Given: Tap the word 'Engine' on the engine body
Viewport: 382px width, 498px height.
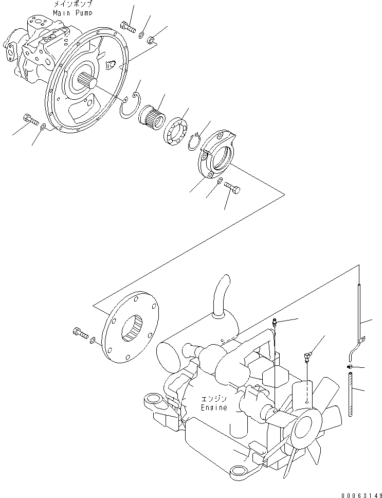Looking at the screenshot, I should point(213,407).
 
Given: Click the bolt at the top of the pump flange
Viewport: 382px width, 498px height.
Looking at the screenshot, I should point(127,25).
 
